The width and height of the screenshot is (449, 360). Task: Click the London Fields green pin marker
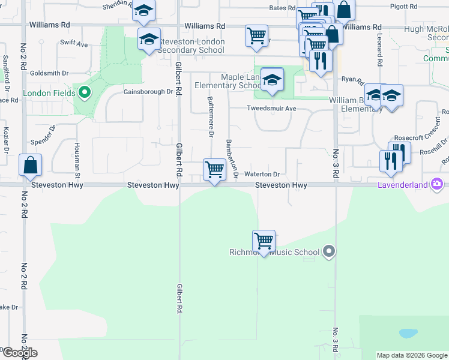(x=85, y=93)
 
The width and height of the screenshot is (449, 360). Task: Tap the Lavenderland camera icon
(x=438, y=184)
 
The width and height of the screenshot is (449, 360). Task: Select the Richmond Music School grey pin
(x=328, y=251)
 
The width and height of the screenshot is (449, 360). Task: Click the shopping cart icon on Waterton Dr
(x=214, y=169)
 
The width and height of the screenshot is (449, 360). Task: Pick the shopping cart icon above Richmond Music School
(x=264, y=241)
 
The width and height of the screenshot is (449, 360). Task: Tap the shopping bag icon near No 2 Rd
(x=30, y=165)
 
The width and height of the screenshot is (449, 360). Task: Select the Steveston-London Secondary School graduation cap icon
(x=149, y=40)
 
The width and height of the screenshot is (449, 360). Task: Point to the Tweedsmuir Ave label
(x=272, y=109)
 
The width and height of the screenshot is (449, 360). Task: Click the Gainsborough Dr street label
(x=148, y=92)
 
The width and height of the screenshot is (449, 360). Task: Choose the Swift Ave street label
(x=74, y=44)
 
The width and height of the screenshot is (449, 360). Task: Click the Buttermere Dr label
(x=211, y=116)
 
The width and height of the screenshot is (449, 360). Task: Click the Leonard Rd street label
(x=380, y=49)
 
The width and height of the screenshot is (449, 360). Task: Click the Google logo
(x=19, y=353)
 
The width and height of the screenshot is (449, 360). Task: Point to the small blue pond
(x=408, y=333)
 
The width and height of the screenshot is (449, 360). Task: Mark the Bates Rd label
(x=282, y=8)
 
